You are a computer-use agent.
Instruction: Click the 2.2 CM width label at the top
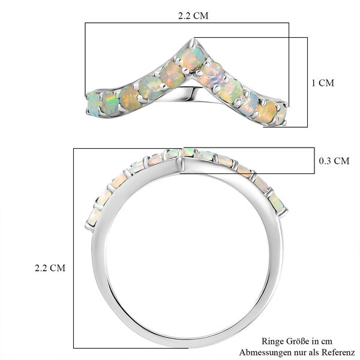point(193,16)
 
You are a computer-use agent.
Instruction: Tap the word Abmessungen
point(264,352)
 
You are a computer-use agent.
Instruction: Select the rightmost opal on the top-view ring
point(281,114)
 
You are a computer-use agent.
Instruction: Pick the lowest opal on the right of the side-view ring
point(277,203)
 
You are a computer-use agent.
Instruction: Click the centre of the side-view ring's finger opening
point(186,258)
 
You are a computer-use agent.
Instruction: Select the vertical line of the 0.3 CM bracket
point(314,161)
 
